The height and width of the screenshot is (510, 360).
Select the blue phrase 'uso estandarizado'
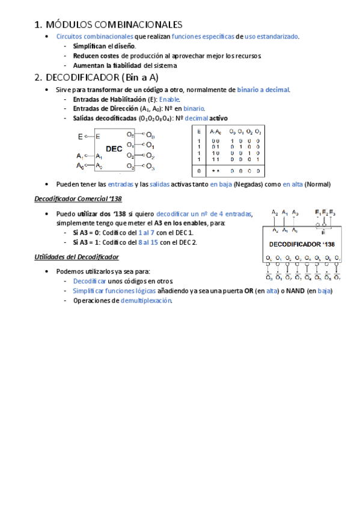point(271,37)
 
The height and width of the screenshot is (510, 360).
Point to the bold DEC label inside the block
point(114,148)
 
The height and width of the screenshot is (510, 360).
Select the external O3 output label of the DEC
point(150,167)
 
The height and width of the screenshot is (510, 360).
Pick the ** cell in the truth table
point(215,171)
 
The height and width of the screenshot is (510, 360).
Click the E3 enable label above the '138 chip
point(332,212)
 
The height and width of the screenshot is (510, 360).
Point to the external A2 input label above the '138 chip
point(275,212)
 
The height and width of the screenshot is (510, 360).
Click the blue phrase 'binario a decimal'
point(263,90)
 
